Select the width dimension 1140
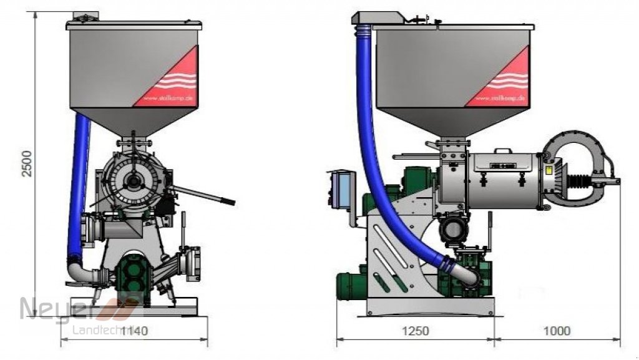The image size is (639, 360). (134, 331)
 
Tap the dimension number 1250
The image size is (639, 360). (414, 331)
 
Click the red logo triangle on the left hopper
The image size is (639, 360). (178, 78)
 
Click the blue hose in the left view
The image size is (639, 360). (79, 181)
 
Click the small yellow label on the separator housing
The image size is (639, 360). (549, 170)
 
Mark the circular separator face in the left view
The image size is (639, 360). (133, 181)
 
